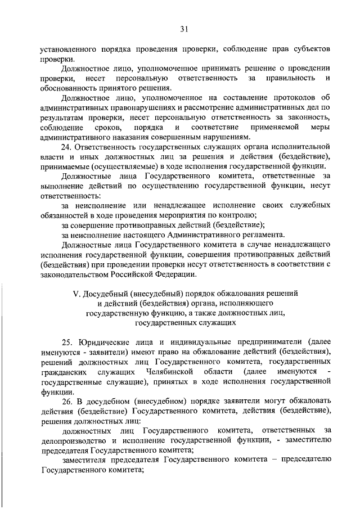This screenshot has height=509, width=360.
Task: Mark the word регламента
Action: (263, 235)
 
